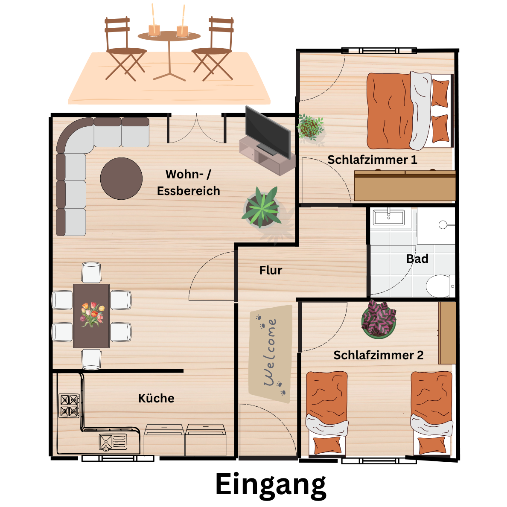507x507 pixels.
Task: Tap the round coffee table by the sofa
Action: (121, 178)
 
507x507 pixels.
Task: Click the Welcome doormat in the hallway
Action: (270, 354)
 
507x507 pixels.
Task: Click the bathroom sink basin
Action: (389, 217)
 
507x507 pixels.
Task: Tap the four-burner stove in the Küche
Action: (69, 405)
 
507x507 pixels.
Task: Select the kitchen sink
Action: (113, 442)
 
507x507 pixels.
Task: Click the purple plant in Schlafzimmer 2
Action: (379, 319)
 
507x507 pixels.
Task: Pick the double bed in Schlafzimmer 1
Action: (410, 111)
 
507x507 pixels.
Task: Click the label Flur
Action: (271, 270)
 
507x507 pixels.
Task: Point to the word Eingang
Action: (271, 485)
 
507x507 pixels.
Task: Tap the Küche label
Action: (156, 398)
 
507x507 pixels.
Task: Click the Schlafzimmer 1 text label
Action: (372, 160)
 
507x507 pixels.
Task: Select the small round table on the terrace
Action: (169, 55)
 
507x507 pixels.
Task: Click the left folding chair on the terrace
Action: (125, 49)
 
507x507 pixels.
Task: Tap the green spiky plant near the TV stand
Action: (262, 207)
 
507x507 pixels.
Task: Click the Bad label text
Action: (417, 259)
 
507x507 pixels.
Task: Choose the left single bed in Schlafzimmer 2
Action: (327, 413)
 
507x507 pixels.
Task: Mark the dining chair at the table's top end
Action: (91, 273)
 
